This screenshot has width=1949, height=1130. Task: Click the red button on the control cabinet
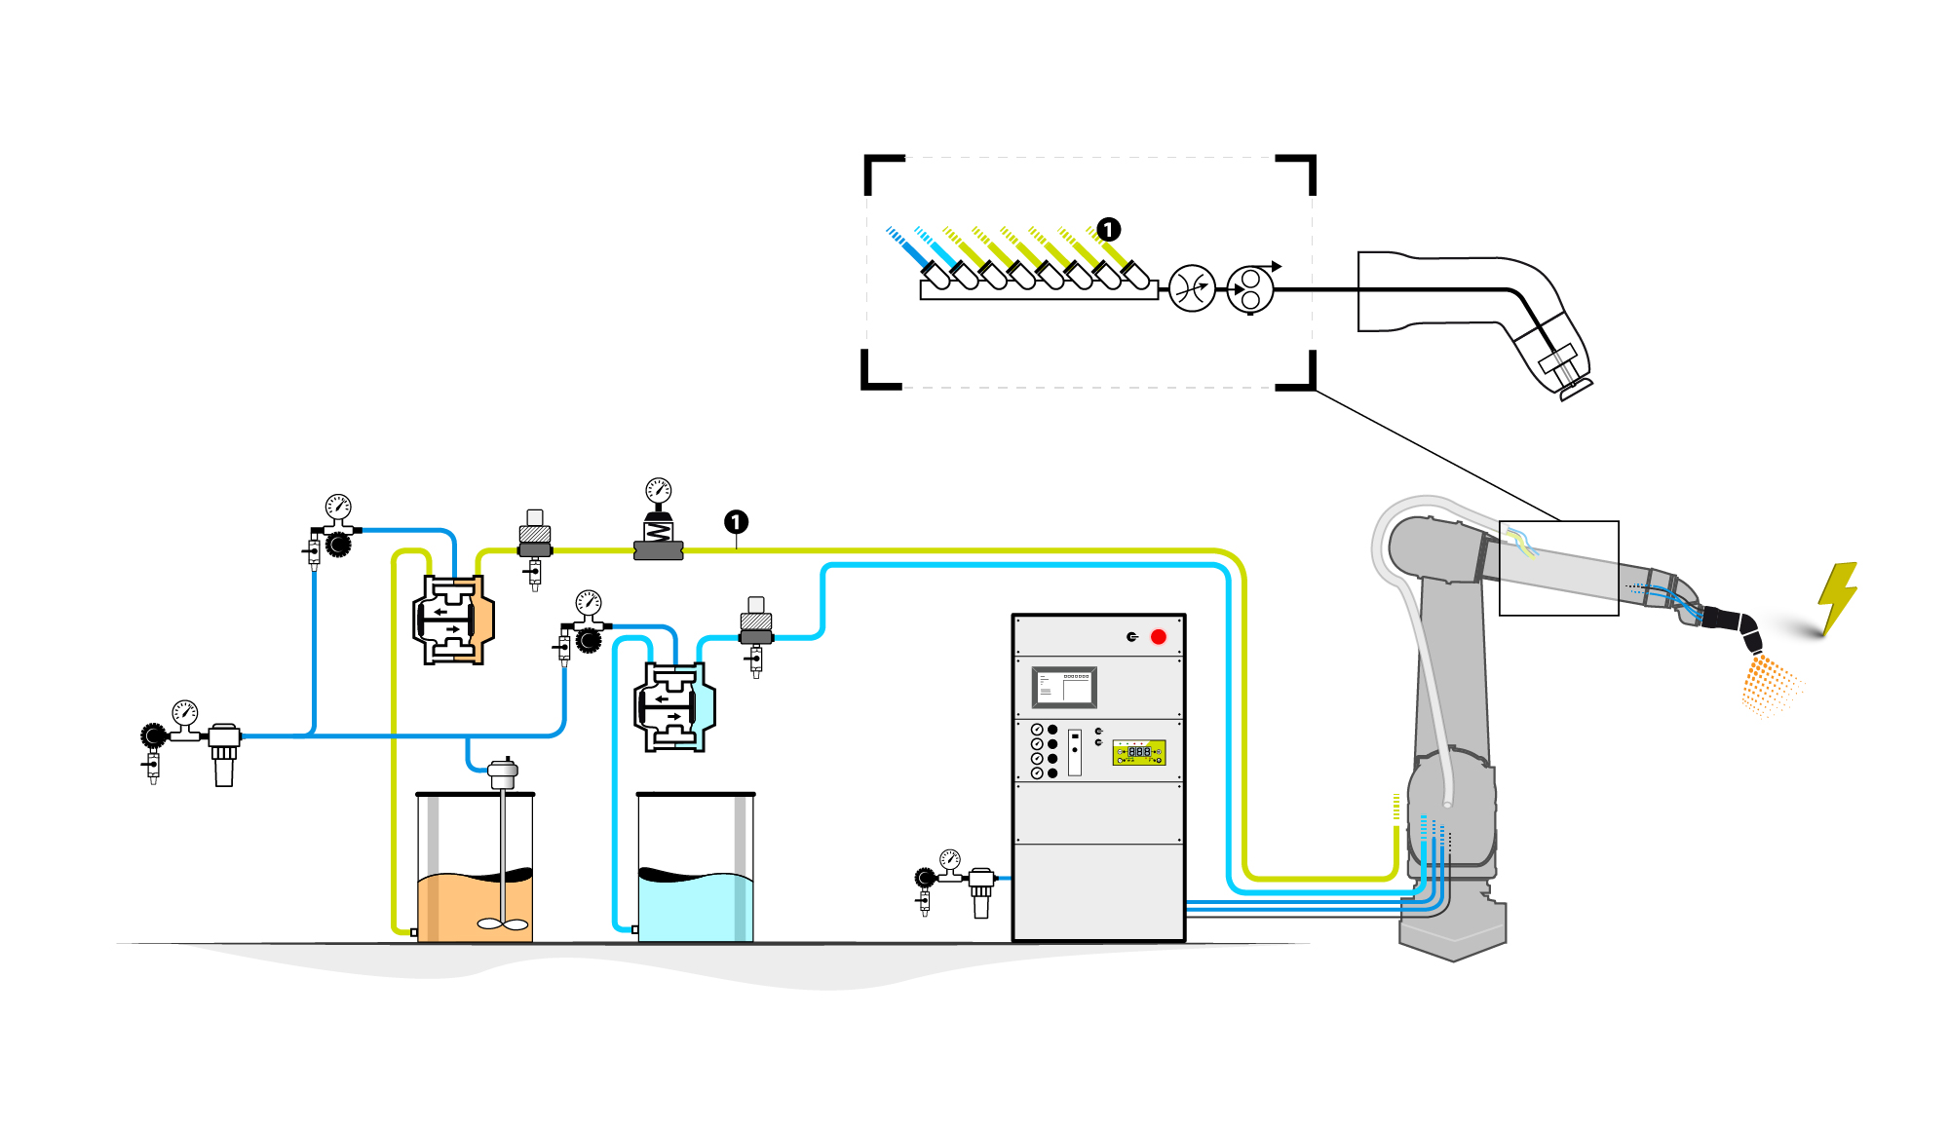1158,637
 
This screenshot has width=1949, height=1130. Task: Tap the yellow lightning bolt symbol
1838,596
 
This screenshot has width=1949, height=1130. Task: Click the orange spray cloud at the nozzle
1766,686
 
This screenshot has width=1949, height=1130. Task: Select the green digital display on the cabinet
1139,752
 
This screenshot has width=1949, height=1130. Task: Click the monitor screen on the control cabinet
1064,688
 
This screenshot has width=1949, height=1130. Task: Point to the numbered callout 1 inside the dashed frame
1108,229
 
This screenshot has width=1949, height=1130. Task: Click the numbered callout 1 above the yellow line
736,522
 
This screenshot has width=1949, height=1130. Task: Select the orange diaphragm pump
453,620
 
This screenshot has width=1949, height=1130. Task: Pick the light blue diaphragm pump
674,707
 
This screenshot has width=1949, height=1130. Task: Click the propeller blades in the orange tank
503,923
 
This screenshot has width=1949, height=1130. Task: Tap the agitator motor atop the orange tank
503,774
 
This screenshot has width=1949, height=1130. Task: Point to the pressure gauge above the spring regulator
659,490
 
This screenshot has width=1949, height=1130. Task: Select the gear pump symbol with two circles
1250,289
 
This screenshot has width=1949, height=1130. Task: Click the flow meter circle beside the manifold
1192,288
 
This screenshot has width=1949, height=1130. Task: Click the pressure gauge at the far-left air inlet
185,712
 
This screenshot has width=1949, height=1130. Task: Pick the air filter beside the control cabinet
980,891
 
